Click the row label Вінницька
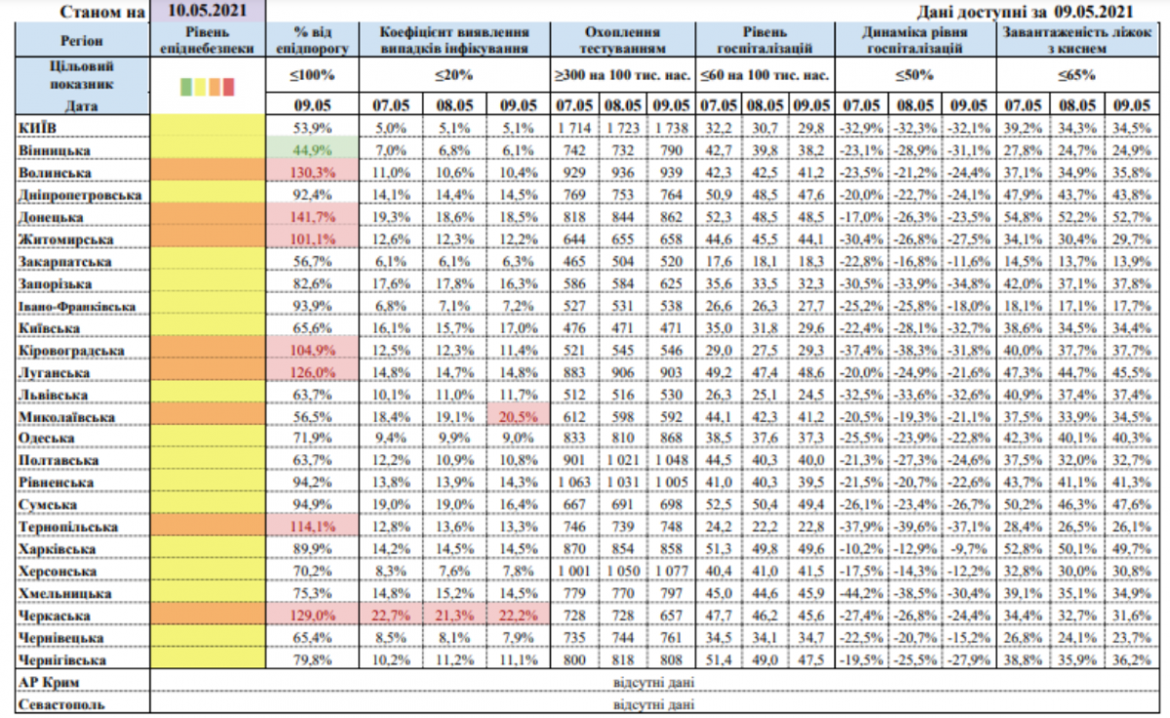pos(56,151)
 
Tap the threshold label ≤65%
pos(1079,74)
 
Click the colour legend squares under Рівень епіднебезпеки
pos(208,88)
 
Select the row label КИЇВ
pos(38,128)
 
